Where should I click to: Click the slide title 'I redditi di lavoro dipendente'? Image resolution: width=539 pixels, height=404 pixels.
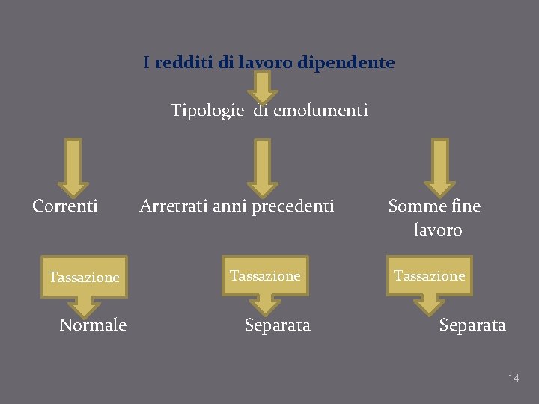point(269,63)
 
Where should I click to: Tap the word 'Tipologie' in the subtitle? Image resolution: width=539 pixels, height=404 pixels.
point(207,111)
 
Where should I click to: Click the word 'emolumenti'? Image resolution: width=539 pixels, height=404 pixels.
point(320,111)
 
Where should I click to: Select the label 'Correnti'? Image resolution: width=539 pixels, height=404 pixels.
point(65,206)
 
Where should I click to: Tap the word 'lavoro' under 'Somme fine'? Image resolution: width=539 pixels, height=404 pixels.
point(438,230)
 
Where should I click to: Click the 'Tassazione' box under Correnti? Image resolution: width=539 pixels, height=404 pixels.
point(84,278)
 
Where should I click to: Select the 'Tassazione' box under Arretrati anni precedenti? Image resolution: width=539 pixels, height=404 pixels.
point(265,276)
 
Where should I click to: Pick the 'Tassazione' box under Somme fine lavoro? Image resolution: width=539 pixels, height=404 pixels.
point(429,276)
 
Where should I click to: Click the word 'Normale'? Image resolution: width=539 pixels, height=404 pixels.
point(93,325)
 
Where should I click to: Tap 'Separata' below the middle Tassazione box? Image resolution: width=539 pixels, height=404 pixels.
point(278,325)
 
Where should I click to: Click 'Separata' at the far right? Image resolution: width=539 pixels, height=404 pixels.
point(472,325)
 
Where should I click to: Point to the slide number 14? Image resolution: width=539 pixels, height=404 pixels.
point(514,379)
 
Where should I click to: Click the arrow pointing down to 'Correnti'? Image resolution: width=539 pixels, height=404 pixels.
point(73,167)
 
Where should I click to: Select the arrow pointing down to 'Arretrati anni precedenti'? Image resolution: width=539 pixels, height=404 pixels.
point(263,167)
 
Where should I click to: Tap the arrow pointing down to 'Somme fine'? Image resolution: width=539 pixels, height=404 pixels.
point(439,167)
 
